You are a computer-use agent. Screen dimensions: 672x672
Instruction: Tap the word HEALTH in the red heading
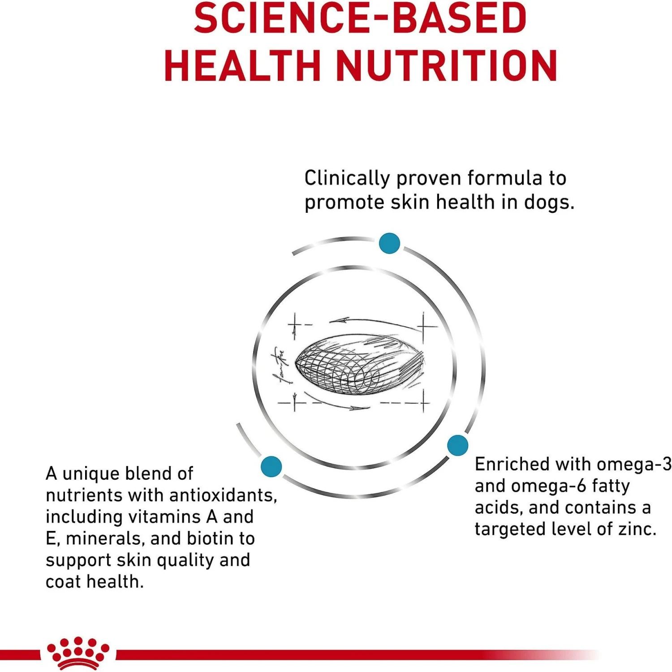[x=242, y=66]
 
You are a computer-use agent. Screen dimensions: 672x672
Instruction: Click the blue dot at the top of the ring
[x=389, y=243]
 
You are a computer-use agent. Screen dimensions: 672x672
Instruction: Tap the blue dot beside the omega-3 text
[x=457, y=445]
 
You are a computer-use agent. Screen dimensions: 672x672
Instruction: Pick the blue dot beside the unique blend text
[x=271, y=466]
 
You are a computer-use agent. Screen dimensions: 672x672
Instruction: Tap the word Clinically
[x=347, y=179]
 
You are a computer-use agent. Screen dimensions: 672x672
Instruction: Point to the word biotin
[x=211, y=538]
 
